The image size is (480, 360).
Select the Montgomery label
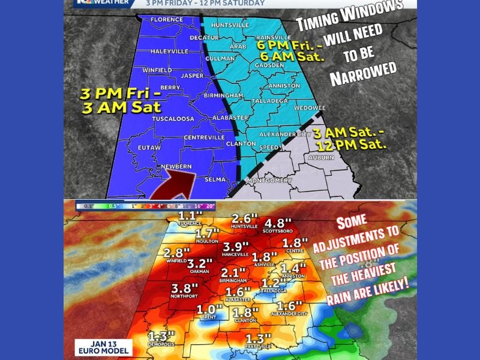point(271,181)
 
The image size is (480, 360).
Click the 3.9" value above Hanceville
point(236,247)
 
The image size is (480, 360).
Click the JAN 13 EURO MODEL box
point(101,347)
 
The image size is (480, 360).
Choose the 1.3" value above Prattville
point(259,338)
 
